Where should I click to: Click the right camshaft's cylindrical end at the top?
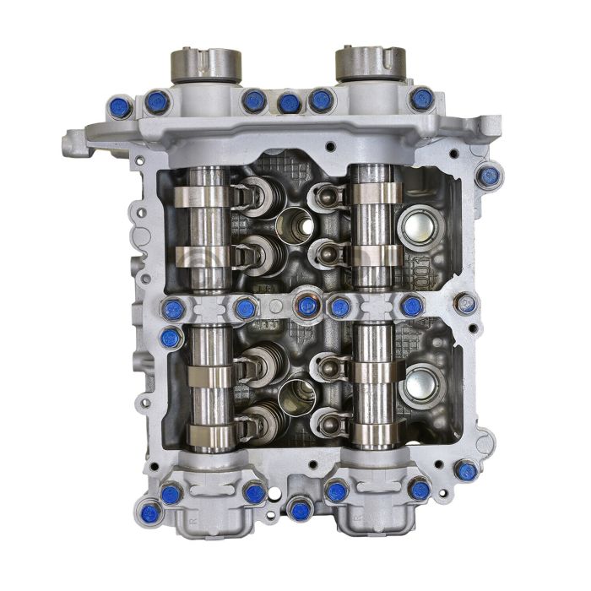click(x=370, y=63)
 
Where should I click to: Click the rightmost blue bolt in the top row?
click(x=421, y=99)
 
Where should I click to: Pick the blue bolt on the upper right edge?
click(x=487, y=176)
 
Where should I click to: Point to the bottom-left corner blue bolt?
click(x=150, y=509)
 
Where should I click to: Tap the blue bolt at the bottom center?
click(x=300, y=508)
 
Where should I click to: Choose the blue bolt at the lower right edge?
click(x=465, y=470)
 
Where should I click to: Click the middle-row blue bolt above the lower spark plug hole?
click(x=308, y=306)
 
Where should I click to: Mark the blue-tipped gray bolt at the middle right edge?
click(x=464, y=302)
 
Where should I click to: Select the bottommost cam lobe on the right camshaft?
click(x=375, y=436)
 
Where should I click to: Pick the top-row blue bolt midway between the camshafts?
click(x=289, y=103)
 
